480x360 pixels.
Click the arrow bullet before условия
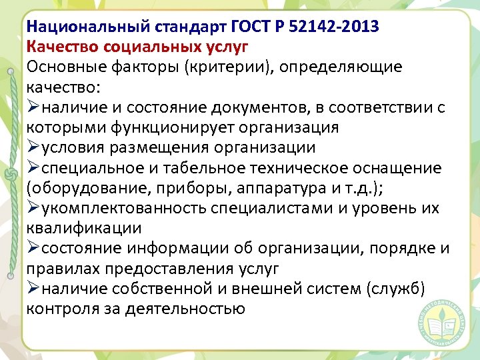tap(33, 147)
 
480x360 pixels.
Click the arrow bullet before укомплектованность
tap(33, 208)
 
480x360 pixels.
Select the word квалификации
tap(84, 228)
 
